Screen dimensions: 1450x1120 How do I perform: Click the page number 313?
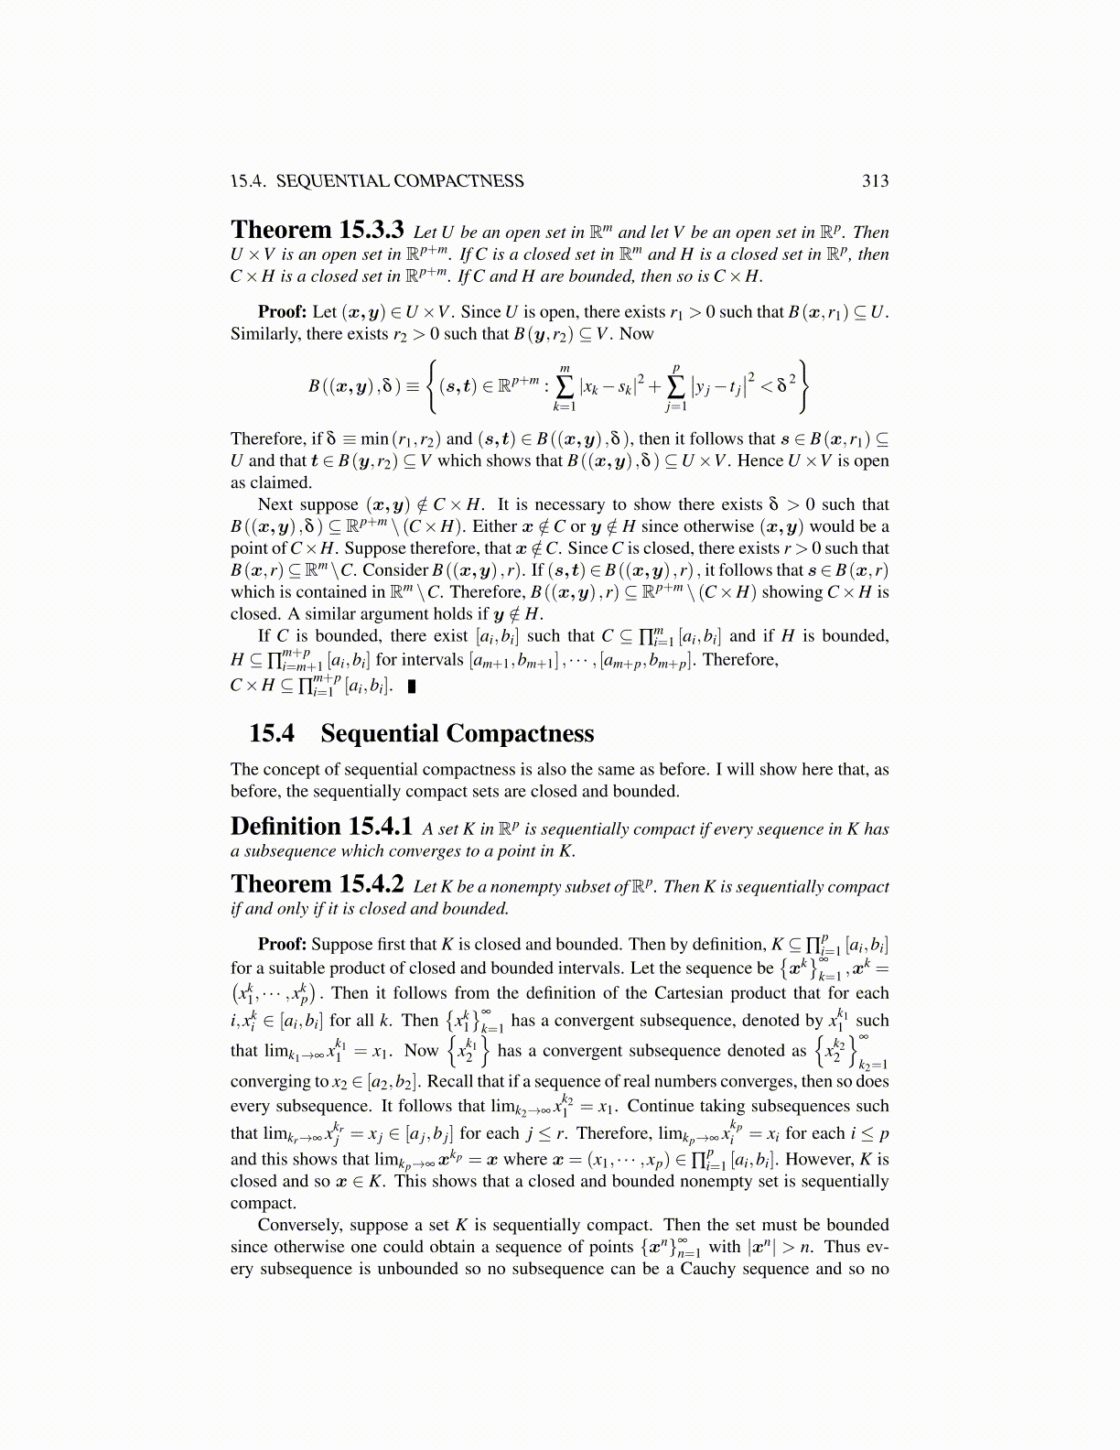click(875, 180)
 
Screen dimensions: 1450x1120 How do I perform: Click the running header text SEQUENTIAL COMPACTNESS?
click(400, 180)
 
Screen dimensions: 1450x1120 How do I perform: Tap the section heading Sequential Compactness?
click(457, 733)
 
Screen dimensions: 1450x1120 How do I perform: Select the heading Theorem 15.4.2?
click(317, 884)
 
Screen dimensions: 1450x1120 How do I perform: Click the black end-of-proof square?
click(411, 686)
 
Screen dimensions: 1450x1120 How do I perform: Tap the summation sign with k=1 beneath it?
click(564, 386)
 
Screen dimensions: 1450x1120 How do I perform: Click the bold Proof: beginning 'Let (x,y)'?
click(282, 312)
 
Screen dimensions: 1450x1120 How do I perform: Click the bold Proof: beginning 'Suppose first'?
click(282, 945)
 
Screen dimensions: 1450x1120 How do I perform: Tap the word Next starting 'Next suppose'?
click(275, 504)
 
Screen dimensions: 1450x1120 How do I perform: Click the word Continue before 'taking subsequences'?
click(662, 1106)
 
